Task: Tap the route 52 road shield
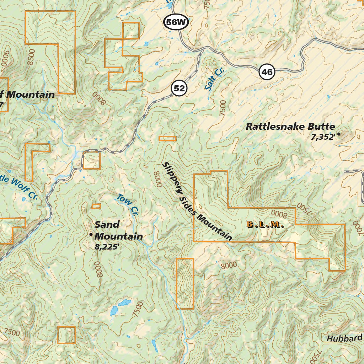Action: point(180,88)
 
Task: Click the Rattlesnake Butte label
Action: point(290,127)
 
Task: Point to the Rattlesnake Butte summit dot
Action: point(339,134)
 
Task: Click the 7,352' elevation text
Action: point(323,137)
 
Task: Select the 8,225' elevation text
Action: point(106,247)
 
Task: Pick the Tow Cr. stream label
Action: point(127,205)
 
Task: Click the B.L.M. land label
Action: point(265,225)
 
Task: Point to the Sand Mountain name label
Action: point(118,230)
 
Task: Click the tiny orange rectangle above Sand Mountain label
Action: point(96,206)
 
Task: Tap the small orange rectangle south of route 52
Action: point(167,138)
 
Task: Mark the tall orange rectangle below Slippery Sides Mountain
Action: point(185,283)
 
